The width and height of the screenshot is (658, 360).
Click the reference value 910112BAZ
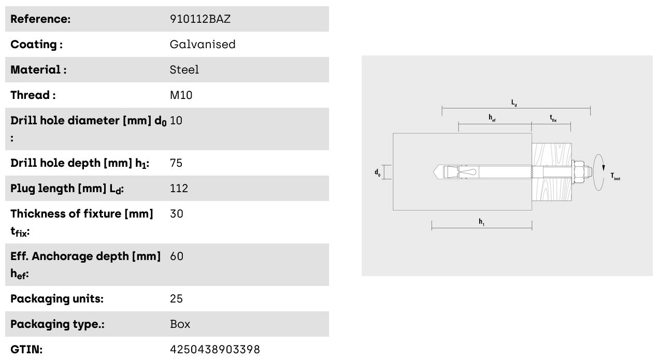(200, 19)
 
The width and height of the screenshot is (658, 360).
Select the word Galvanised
(203, 45)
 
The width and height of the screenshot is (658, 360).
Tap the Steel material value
(184, 70)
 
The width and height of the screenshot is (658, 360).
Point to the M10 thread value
(181, 95)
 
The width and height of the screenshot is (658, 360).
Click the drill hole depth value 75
(176, 163)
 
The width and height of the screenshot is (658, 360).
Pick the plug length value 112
(179, 188)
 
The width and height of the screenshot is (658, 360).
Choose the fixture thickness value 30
(177, 214)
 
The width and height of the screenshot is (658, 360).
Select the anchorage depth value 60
(177, 256)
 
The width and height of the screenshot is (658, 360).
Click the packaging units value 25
(176, 299)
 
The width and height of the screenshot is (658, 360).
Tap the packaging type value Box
(180, 324)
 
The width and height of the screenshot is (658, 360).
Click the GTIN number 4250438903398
(214, 350)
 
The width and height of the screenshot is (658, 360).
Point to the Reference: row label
(40, 19)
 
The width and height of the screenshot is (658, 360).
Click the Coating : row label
(36, 45)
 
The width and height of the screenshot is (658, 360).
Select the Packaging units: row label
(57, 299)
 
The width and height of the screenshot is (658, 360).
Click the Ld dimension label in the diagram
(514, 103)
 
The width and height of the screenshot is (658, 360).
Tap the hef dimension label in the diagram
(492, 118)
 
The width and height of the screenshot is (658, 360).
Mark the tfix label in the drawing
(553, 118)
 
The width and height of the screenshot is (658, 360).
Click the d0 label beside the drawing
(378, 172)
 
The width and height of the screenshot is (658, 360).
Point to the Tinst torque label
(616, 177)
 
